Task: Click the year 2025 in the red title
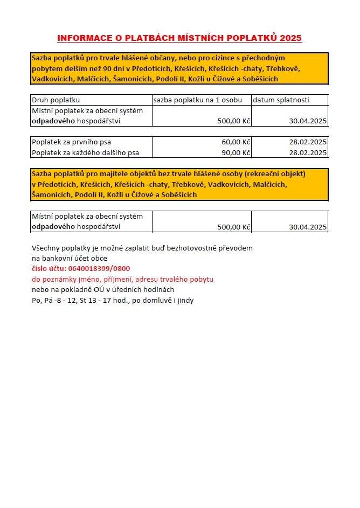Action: pyautogui.click(x=291, y=38)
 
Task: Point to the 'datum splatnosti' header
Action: pyautogui.click(x=281, y=100)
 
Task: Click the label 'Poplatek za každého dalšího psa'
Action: pyautogui.click(x=86, y=152)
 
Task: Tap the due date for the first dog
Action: pyautogui.click(x=308, y=142)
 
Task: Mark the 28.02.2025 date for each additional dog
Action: pyautogui.click(x=308, y=152)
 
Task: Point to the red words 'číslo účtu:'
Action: pyautogui.click(x=49, y=268)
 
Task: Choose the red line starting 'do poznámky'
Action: pyautogui.click(x=123, y=279)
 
